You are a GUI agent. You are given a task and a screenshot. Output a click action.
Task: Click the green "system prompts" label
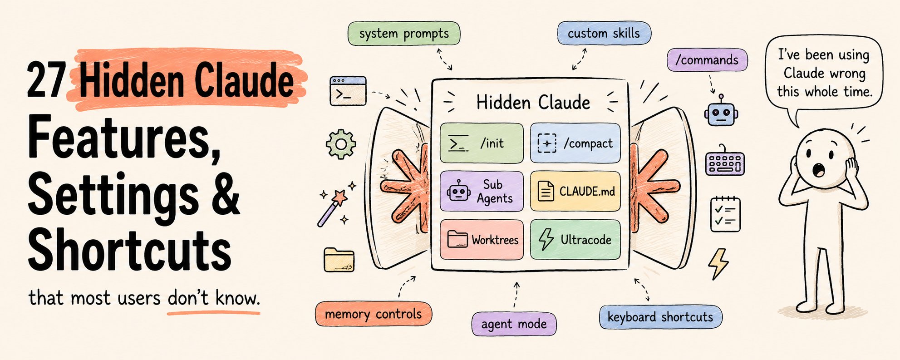404,34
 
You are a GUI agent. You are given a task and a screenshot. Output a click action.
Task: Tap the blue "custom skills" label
604,33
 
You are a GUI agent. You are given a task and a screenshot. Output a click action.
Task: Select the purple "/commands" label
707,60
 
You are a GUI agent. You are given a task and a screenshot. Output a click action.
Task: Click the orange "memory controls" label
374,314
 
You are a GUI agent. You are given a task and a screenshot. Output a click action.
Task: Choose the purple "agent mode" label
514,324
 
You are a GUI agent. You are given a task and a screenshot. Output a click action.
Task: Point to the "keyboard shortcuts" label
660,317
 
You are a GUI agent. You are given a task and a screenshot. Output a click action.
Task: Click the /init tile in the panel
482,143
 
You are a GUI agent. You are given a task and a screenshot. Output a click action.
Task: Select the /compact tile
575,143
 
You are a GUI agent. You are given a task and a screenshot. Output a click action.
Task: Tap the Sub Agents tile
482,191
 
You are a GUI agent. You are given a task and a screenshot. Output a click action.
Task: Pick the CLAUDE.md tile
575,191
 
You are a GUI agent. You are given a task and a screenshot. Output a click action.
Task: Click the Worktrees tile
482,240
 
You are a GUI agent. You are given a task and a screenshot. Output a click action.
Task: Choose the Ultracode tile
575,240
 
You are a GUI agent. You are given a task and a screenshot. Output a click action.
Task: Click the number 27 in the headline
47,80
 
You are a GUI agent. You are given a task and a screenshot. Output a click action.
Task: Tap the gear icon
341,144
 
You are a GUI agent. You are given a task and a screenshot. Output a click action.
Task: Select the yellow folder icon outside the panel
339,260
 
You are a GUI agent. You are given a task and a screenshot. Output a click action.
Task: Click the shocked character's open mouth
819,171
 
